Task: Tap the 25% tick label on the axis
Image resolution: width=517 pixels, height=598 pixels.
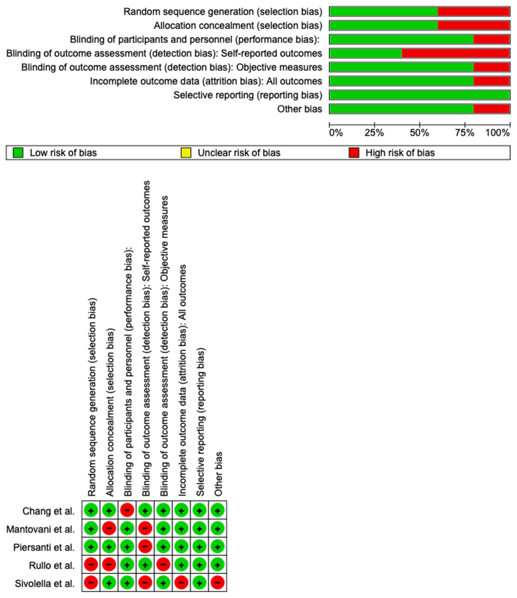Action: [x=374, y=133]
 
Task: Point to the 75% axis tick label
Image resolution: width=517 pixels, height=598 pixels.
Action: [x=464, y=133]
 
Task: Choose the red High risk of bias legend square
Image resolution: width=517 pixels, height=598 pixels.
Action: [x=354, y=153]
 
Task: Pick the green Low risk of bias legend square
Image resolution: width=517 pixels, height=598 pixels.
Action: [x=18, y=153]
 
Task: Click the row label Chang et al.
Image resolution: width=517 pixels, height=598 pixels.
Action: [x=48, y=511]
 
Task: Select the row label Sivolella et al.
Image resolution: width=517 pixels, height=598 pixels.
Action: [x=45, y=584]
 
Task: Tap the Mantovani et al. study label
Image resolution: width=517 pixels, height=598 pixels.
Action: [x=40, y=529]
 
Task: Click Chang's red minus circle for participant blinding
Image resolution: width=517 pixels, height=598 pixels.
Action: [x=127, y=511]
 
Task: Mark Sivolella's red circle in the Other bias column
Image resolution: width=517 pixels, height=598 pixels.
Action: [x=218, y=583]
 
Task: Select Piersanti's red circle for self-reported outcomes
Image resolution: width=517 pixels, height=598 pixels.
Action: [x=145, y=547]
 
